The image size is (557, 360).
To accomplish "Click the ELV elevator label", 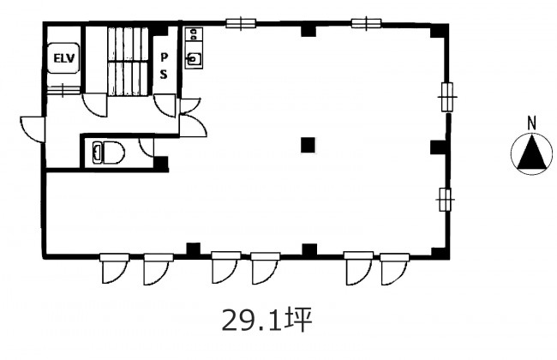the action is pyautogui.click(x=64, y=58).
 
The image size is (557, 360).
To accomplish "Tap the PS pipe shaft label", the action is pyautogui.click(x=164, y=66).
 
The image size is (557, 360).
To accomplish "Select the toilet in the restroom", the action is pyautogui.click(x=108, y=153).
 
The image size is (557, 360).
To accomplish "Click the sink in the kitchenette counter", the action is pyautogui.click(x=194, y=59).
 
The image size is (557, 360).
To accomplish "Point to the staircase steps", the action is pyautogui.click(x=128, y=61).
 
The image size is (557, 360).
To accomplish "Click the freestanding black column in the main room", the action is pyautogui.click(x=308, y=145).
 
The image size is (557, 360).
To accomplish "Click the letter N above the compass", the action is pyautogui.click(x=531, y=123).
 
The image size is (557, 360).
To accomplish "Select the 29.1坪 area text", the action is pyautogui.click(x=267, y=320).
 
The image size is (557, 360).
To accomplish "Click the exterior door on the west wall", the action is pyautogui.click(x=33, y=129).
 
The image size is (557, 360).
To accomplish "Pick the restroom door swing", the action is pyautogui.click(x=147, y=147).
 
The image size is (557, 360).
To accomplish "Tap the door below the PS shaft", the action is pyautogui.click(x=165, y=105).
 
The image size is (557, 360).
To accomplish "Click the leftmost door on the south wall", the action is pyautogui.click(x=114, y=268).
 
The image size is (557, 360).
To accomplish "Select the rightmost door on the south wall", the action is pyautogui.click(x=395, y=268).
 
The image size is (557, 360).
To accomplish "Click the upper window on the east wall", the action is pyautogui.click(x=446, y=97).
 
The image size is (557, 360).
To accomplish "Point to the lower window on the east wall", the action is pyautogui.click(x=446, y=200).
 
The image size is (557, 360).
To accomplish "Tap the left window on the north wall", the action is pyautogui.click(x=241, y=23).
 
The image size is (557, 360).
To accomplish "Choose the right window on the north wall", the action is pyautogui.click(x=366, y=23).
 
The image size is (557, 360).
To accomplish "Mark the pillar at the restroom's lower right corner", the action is pyautogui.click(x=160, y=164).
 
